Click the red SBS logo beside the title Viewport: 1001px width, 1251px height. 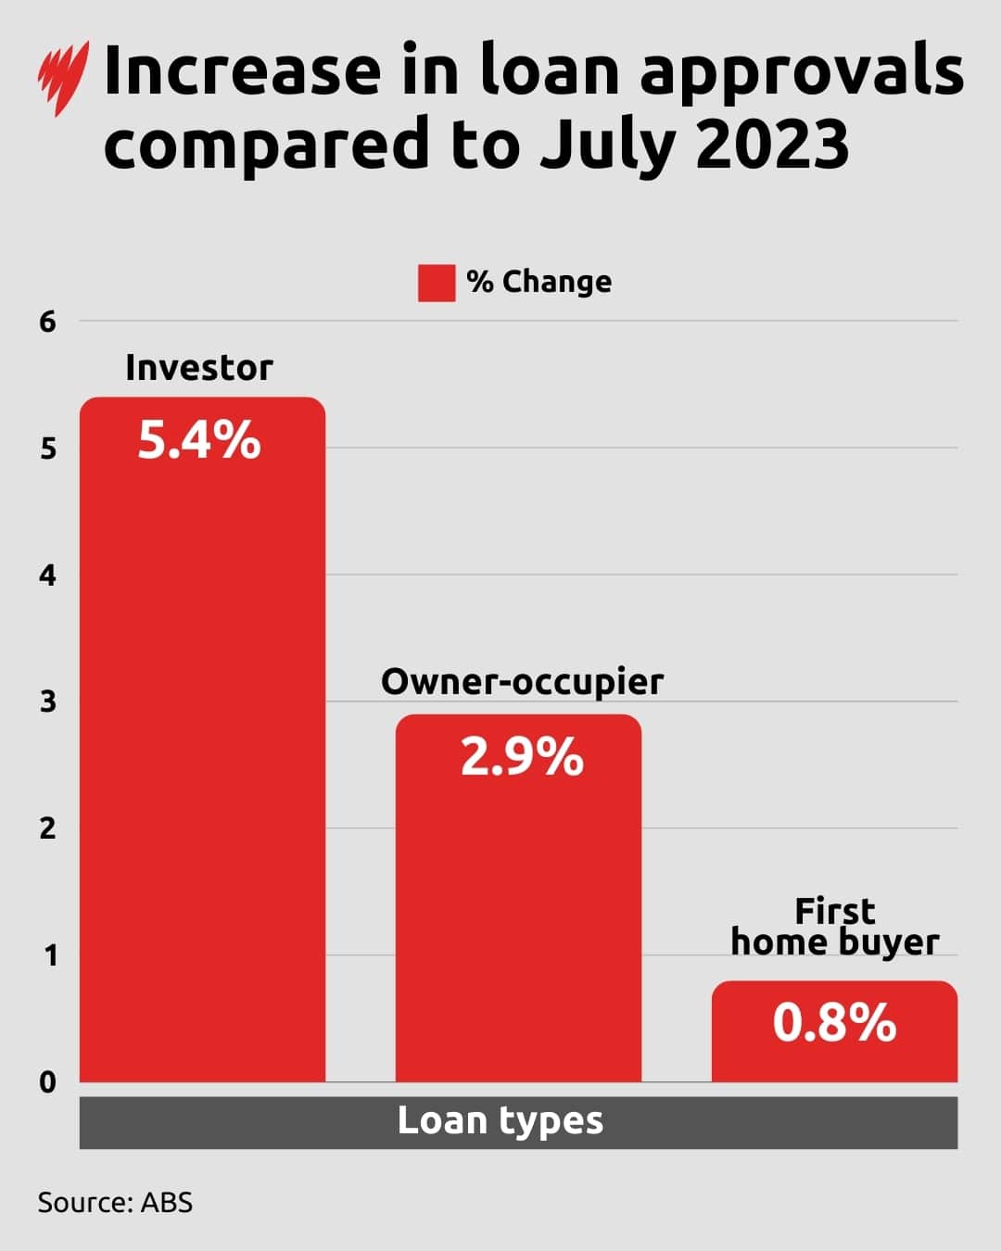pos(63,78)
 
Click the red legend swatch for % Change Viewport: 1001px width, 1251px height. pos(436,283)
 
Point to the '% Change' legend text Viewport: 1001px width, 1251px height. pos(539,282)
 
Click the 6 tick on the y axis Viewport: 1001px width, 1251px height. pos(47,322)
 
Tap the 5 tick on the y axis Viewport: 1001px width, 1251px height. pos(47,449)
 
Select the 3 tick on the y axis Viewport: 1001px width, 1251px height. pos(47,702)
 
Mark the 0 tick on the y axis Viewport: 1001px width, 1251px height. pos(47,1082)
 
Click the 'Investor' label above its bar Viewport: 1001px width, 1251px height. pos(199,368)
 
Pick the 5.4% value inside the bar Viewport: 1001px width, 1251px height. pos(199,440)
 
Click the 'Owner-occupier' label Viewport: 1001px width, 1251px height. pos(522,682)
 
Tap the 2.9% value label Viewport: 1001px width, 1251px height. pos(522,757)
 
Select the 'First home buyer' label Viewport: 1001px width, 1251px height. pos(834,927)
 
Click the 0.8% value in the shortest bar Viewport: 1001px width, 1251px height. pos(834,1023)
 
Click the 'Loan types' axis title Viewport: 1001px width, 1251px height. pos(500,1121)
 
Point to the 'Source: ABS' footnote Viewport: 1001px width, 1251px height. pos(115,1203)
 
